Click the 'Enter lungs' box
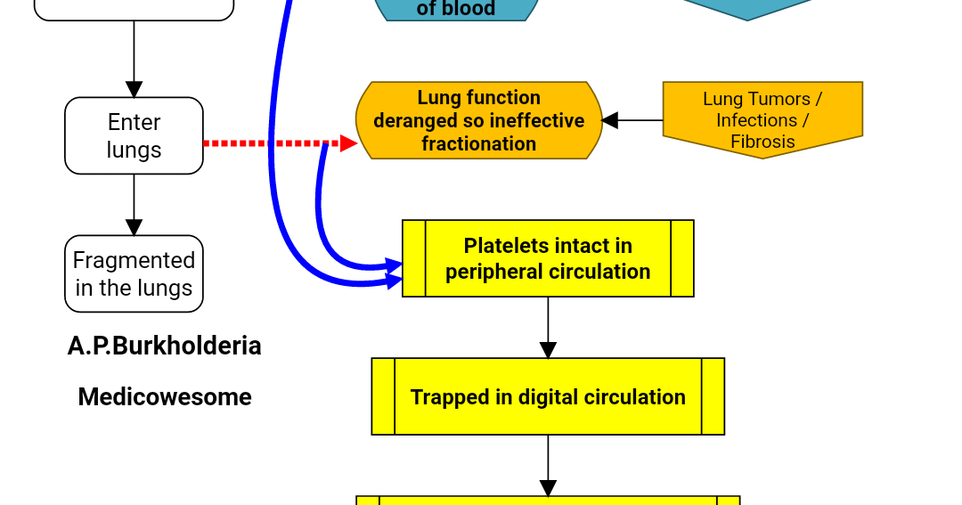coord(134,135)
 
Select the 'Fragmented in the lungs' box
coord(134,273)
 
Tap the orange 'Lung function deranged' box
coord(478,120)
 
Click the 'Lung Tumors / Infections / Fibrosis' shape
coord(762,119)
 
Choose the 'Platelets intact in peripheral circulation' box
coord(548,258)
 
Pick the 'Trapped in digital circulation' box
coord(548,396)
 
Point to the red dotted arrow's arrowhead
coord(349,143)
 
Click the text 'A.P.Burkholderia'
coord(165,346)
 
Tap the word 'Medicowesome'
coord(165,397)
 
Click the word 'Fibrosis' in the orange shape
coord(762,142)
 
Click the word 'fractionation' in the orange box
coord(478,143)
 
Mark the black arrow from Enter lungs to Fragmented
coord(134,205)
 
